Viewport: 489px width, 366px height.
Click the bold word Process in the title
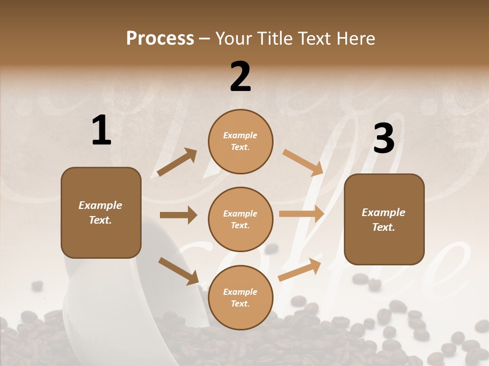[160, 38]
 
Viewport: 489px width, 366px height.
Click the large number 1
[101, 131]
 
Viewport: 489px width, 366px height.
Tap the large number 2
[240, 77]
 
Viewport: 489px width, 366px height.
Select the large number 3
[384, 139]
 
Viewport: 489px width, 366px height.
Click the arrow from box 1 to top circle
[177, 163]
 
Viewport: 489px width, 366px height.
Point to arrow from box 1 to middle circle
[178, 215]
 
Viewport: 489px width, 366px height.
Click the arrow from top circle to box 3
[303, 163]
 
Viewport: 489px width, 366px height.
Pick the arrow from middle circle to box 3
[302, 214]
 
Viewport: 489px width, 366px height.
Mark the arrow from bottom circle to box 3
[300, 269]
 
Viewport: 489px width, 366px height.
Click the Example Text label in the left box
[100, 212]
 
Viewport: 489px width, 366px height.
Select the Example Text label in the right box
[384, 220]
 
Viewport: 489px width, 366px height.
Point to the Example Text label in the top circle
[240, 141]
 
